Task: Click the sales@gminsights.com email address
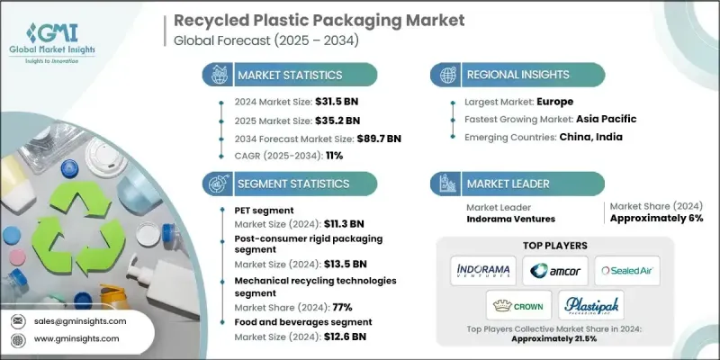pos(79,320)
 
